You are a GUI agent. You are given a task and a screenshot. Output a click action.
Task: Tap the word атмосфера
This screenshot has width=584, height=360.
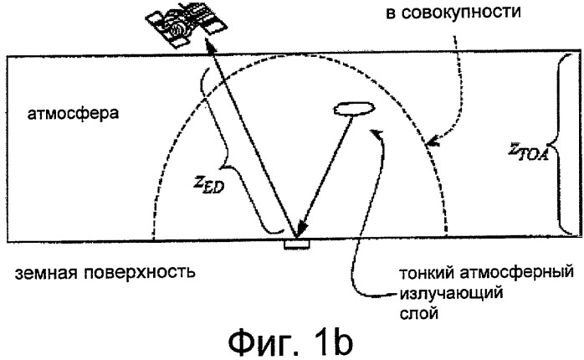point(73,113)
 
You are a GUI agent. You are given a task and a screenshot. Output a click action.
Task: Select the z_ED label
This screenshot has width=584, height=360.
point(208,183)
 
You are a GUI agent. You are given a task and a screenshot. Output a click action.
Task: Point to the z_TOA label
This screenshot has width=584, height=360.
point(529,152)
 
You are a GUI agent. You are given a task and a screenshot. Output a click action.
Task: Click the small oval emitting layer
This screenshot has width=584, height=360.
point(354,109)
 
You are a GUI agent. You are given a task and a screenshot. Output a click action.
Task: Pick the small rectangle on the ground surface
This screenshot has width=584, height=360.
point(296,244)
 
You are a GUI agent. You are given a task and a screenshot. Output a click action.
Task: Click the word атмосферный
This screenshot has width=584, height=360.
point(516,274)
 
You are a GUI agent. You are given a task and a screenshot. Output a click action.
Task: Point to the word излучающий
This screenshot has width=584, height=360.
point(451,294)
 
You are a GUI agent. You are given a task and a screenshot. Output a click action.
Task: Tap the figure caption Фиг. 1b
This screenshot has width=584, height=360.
point(290,343)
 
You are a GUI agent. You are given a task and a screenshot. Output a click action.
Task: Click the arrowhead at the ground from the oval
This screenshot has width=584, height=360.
point(304,227)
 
